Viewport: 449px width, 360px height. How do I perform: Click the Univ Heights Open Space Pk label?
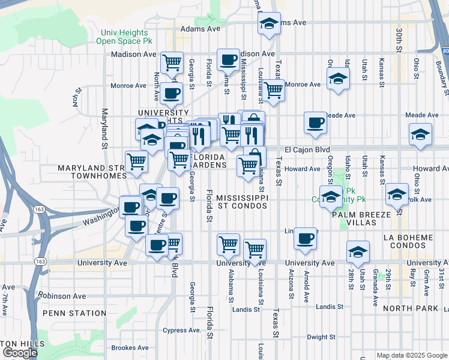[125, 37]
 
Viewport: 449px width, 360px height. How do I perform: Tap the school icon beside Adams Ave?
[270, 24]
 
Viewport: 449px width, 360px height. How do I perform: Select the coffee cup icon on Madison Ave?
[228, 59]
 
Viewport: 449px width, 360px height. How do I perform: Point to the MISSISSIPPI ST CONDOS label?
[241, 202]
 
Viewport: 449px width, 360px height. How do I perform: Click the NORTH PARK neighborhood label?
[411, 308]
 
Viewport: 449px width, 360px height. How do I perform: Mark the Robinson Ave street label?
[63, 296]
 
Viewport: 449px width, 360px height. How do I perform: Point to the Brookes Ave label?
[130, 347]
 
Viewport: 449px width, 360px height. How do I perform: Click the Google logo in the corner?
[20, 353]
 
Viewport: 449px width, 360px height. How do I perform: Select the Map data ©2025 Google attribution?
[412, 355]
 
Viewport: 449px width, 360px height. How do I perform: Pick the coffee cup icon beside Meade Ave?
[315, 123]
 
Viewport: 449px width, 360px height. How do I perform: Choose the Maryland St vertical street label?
[104, 128]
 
